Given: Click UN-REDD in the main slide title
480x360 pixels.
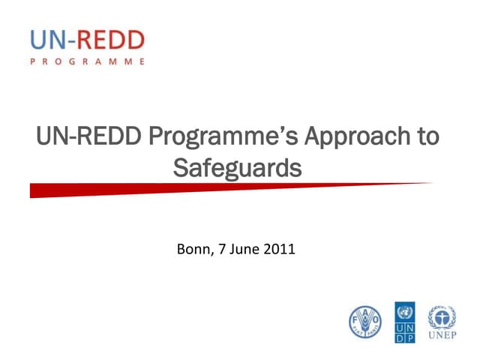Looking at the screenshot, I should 79,139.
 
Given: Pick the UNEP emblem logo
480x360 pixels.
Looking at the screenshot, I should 441,316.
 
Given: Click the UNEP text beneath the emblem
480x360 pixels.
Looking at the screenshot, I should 441,334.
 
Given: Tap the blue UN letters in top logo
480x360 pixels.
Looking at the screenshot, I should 48,39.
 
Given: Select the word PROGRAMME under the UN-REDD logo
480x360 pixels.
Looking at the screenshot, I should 88,61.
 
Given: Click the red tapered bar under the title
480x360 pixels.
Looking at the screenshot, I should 150,190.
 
